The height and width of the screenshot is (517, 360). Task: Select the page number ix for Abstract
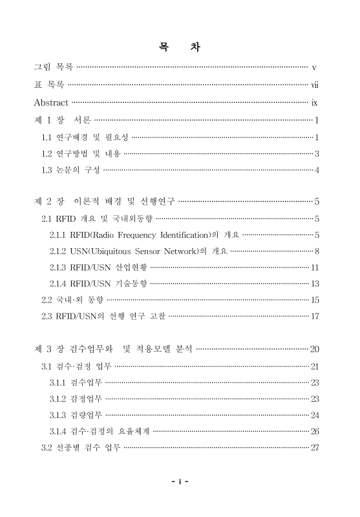(314, 102)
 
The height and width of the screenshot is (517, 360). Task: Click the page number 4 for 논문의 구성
(317, 171)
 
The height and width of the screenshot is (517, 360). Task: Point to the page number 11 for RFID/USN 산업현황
(315, 267)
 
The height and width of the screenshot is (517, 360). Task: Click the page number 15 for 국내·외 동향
(315, 300)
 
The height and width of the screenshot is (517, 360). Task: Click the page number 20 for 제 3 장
(315, 350)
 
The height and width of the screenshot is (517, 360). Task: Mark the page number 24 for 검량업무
(315, 415)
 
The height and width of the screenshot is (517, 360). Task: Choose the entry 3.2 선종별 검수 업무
(81, 447)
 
